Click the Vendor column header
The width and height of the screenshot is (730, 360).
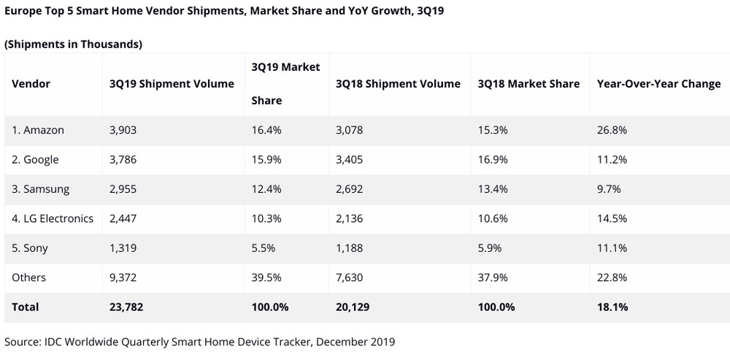coord(31,83)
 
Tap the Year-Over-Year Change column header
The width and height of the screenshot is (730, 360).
coord(658,83)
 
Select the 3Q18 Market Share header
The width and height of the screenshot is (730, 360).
coord(529,83)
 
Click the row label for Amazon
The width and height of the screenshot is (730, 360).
coord(38,130)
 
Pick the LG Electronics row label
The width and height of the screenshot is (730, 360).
coord(53,218)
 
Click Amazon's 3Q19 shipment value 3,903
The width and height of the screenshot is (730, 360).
coord(123,130)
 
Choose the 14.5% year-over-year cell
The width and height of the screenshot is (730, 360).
coord(612,218)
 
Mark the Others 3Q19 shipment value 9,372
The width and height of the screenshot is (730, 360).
coord(123,277)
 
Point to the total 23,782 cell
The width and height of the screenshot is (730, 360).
coord(126,307)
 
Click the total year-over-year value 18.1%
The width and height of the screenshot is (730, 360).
coord(612,307)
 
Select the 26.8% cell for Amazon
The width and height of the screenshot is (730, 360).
coord(612,130)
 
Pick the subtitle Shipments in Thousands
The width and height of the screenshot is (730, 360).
coord(73,45)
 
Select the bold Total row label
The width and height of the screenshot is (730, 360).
coord(26,307)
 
